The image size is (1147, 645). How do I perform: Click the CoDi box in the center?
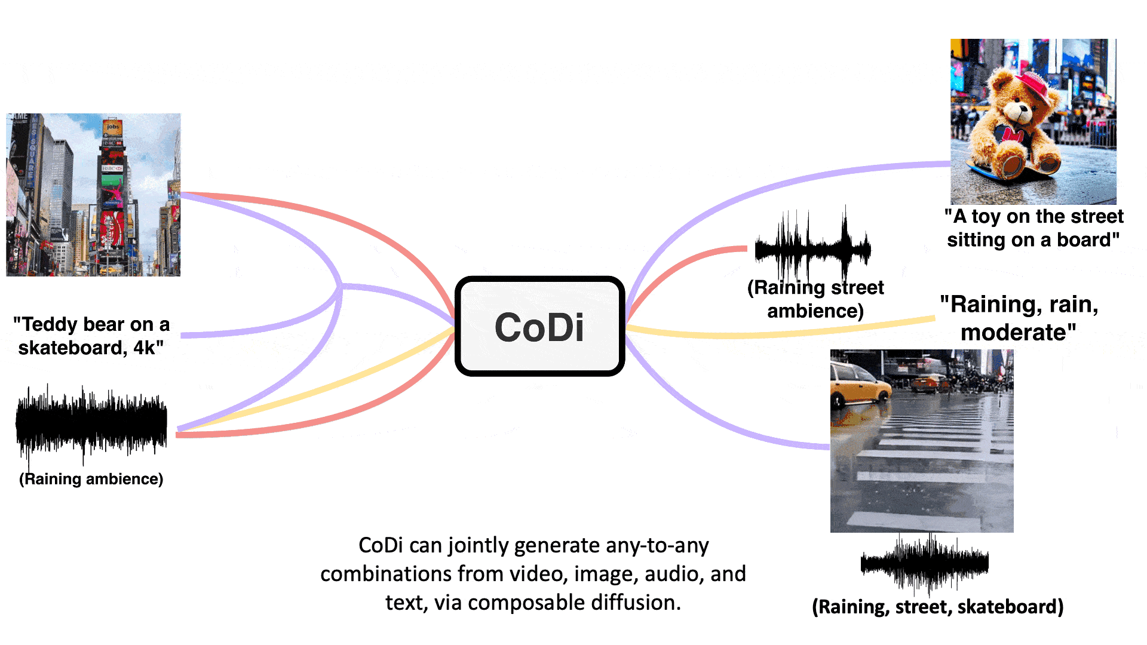coord(539,327)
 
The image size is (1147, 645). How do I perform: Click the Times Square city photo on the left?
coord(93,195)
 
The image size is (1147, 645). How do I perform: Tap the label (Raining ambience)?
coord(91,479)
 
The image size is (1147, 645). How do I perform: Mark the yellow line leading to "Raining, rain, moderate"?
coord(777,334)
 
